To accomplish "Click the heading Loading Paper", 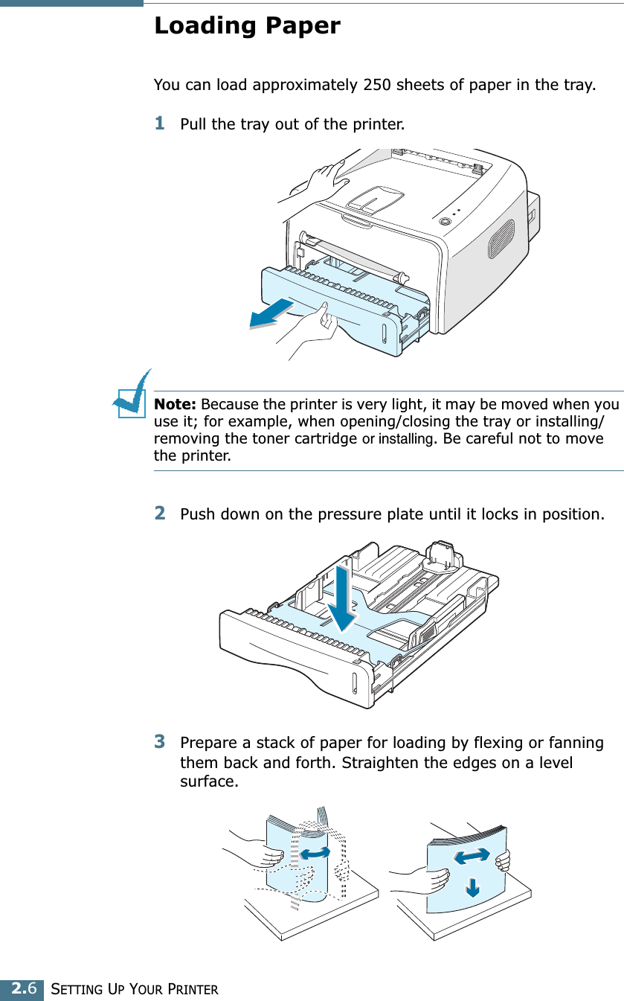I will point(246,26).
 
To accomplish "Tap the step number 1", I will point(159,123).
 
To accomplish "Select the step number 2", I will point(159,514).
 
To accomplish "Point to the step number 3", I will point(159,742).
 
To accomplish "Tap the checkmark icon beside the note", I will point(132,396).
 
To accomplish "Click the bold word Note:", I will point(175,405).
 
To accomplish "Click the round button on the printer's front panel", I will point(445,221).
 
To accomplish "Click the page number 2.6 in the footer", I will point(22,989).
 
